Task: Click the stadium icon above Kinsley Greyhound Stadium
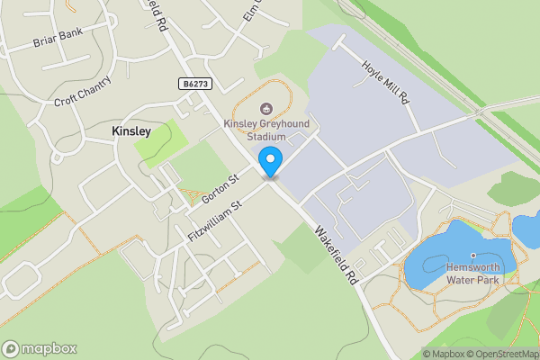pos(265,109)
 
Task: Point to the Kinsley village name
pos(130,131)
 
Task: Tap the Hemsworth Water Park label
pos(473,273)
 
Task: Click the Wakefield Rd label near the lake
pos(336,256)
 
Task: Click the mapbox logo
pos(40,348)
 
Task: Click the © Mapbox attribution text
pos(447,354)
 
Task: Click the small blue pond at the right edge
pos(526,229)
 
